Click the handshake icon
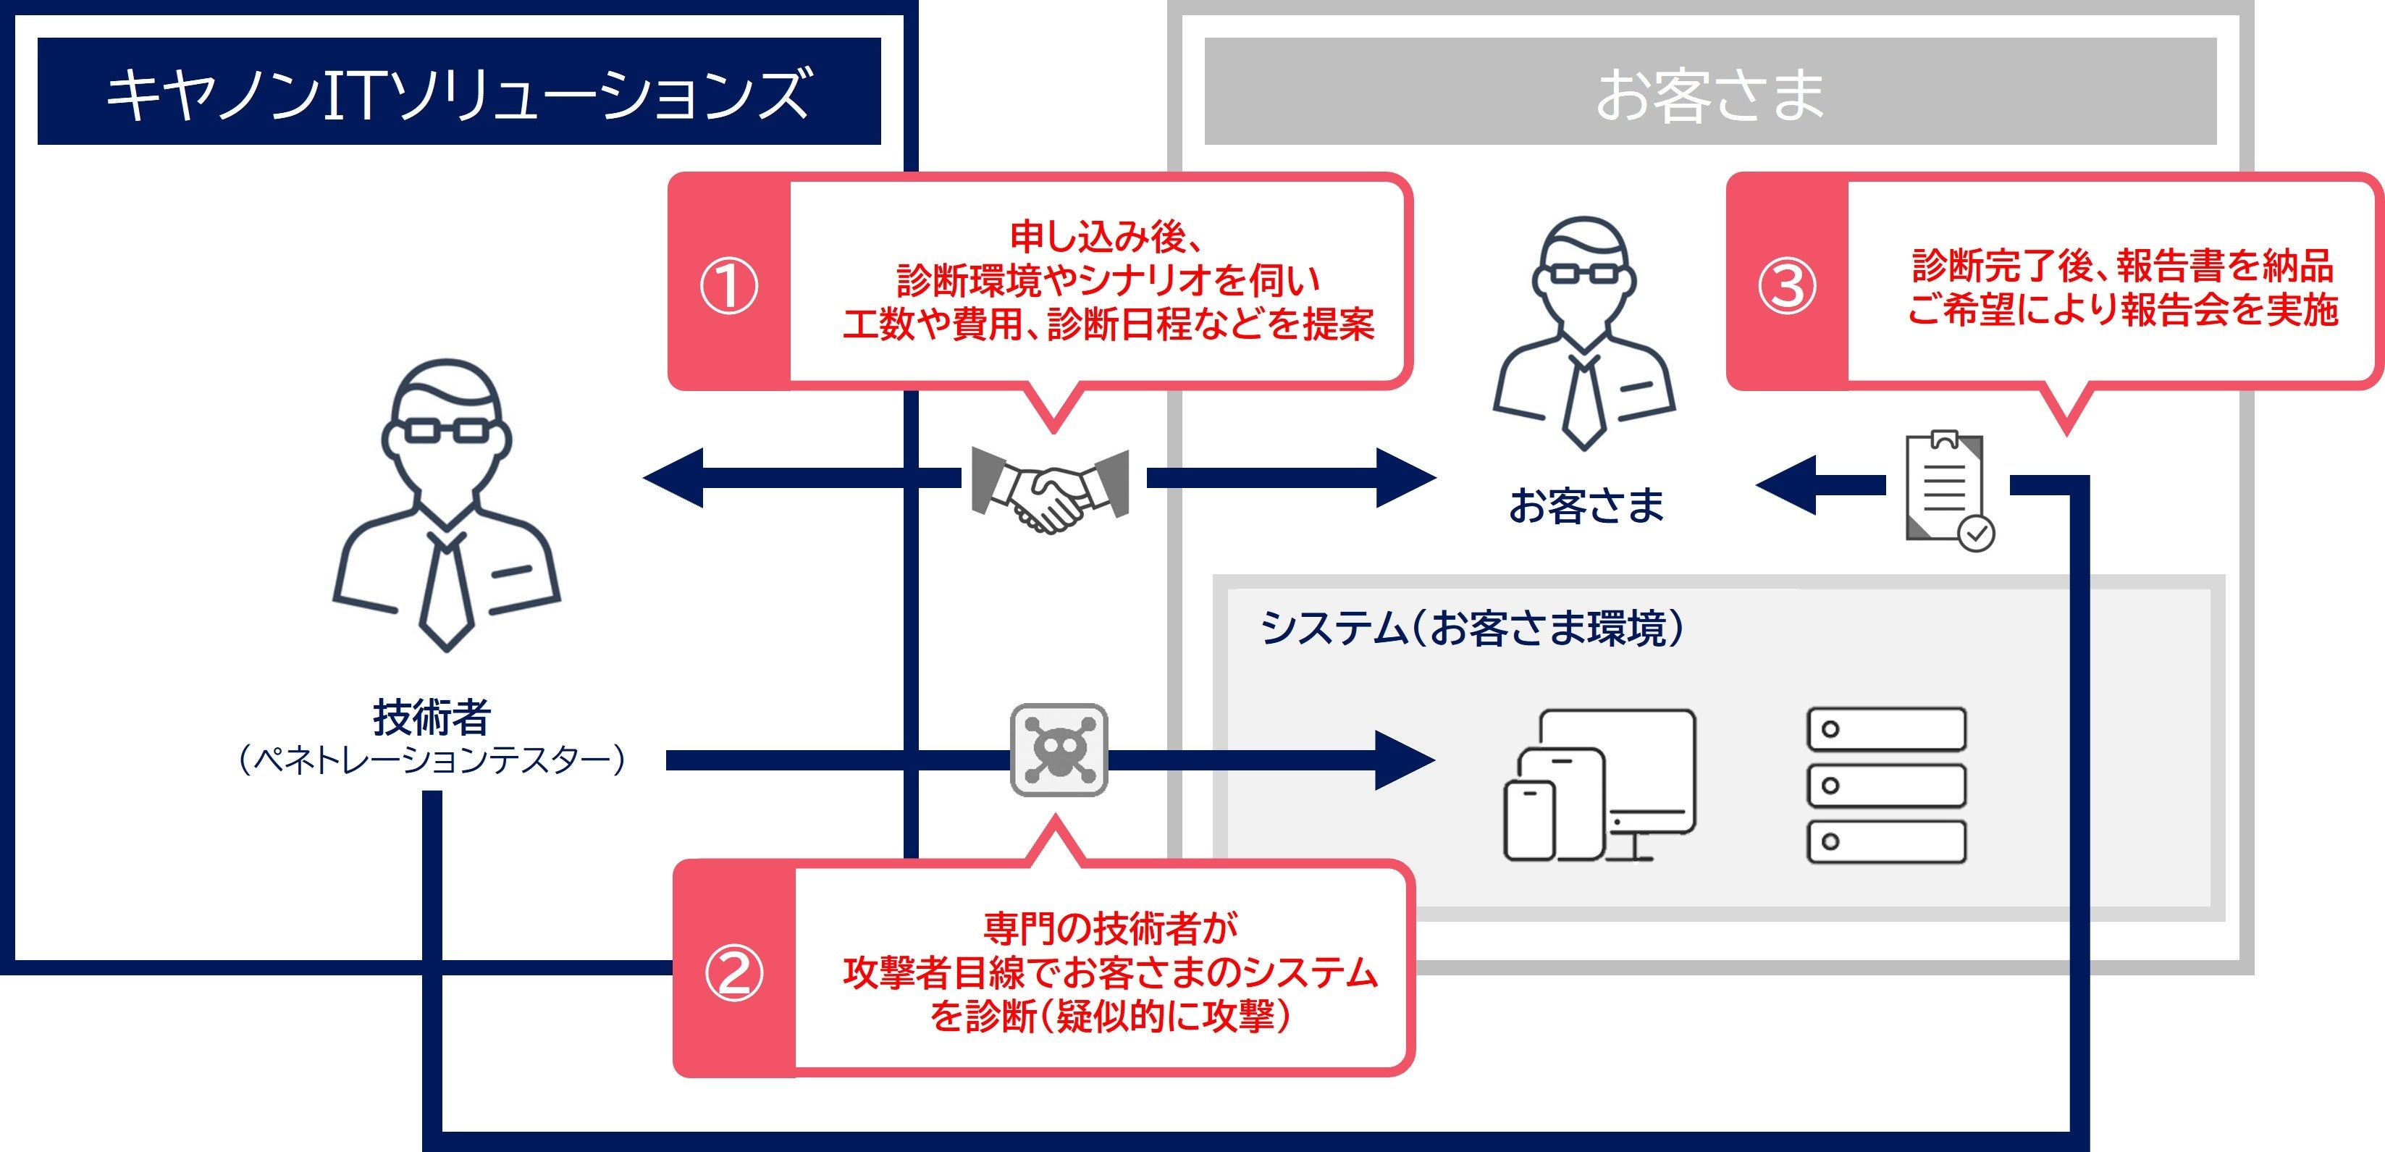pos(1050,488)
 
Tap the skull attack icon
pos(1059,750)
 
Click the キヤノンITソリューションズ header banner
pos(458,92)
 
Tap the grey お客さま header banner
pos(1709,92)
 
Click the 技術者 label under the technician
pos(432,716)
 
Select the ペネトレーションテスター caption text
pos(432,760)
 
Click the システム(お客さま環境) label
pos(1472,628)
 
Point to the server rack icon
pos(1886,786)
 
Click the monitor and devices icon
pos(1599,786)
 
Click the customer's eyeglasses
pos(1584,273)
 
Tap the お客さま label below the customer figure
pos(1586,505)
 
